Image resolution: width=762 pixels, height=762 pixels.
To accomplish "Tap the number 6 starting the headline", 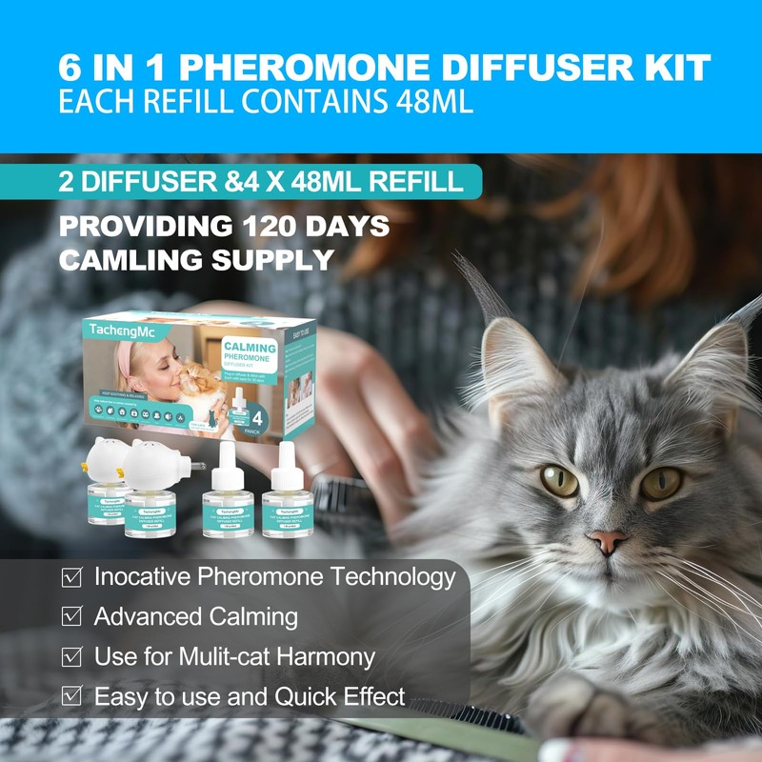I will (x=70, y=68).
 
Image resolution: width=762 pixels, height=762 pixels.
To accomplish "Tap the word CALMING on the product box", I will (x=250, y=349).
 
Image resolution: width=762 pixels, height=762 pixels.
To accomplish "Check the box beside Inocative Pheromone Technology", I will (x=70, y=577).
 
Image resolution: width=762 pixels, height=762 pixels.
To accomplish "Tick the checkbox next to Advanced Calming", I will (x=70, y=617).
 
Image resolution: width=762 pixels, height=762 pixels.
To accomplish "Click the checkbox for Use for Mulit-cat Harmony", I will (x=70, y=657).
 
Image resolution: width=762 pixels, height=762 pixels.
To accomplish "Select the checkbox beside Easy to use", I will (x=70, y=697).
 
